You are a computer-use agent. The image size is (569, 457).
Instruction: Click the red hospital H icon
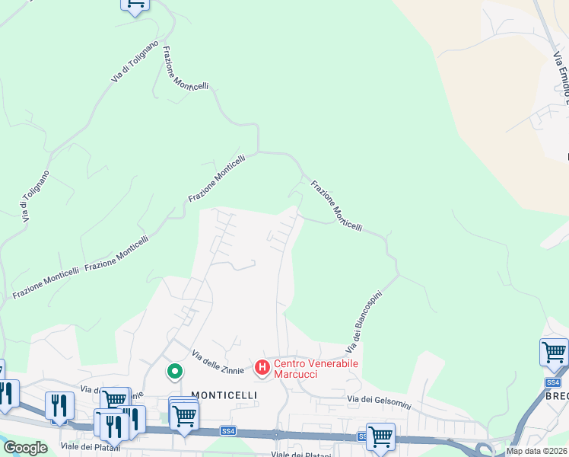tap(262, 369)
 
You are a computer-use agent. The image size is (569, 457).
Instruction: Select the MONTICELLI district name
tap(224, 395)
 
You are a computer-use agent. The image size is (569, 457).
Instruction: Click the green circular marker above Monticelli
tap(175, 372)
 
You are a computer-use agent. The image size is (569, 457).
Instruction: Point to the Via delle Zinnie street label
tap(218, 361)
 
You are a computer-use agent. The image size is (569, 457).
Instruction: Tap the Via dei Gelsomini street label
tap(378, 399)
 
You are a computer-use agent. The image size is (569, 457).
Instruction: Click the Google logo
tap(25, 447)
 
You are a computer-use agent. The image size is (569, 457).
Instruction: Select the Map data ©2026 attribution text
tap(537, 451)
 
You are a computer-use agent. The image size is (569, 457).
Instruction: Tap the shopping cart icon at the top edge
tap(135, 5)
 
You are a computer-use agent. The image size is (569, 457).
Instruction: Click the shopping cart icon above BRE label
tap(554, 353)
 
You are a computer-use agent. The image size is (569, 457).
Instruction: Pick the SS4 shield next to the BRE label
tap(553, 382)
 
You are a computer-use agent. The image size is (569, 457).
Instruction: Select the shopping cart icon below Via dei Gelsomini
tap(380, 437)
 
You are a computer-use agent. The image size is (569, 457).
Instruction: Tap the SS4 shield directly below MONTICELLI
tap(227, 431)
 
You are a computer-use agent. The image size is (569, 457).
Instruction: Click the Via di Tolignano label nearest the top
tap(135, 62)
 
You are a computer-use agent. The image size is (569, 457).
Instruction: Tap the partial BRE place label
tap(558, 396)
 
